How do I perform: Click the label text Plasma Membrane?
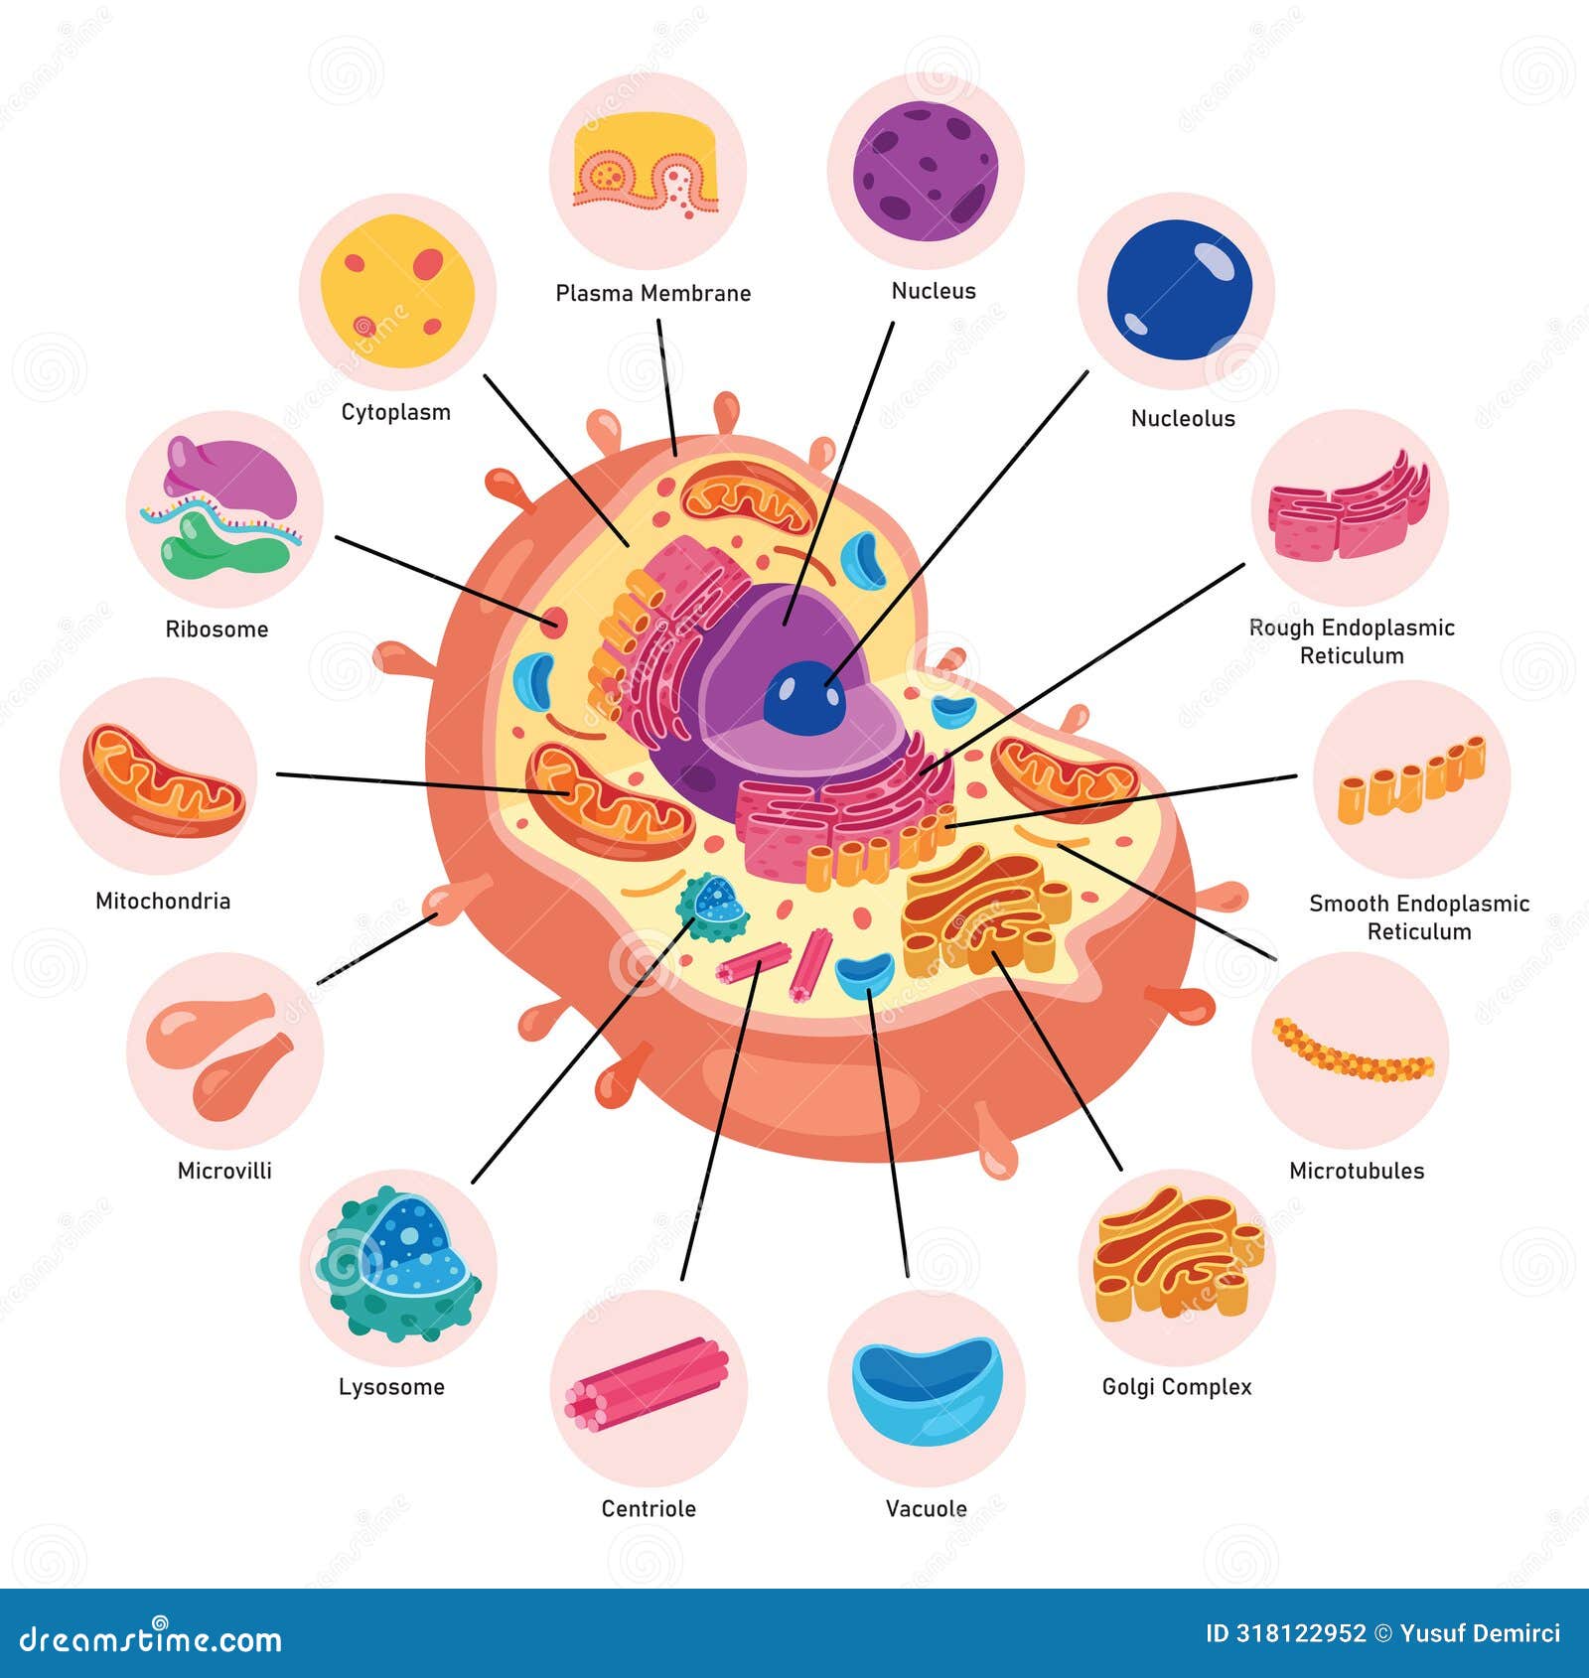click(652, 294)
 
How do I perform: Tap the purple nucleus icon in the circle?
click(926, 171)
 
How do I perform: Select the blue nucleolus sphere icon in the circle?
click(1179, 290)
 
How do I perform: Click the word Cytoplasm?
click(395, 413)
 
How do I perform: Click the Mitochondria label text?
click(163, 902)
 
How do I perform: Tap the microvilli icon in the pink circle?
click(223, 1052)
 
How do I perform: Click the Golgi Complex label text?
click(1177, 1387)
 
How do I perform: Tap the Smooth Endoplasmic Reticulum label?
click(1418, 917)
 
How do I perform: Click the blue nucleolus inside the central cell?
click(803, 698)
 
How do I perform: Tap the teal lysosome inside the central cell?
click(713, 907)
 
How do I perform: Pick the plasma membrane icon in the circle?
click(648, 166)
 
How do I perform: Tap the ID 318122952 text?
click(1285, 1633)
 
